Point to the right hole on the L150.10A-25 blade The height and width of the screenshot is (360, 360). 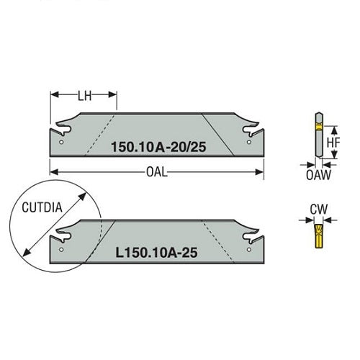click(x=249, y=250)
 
